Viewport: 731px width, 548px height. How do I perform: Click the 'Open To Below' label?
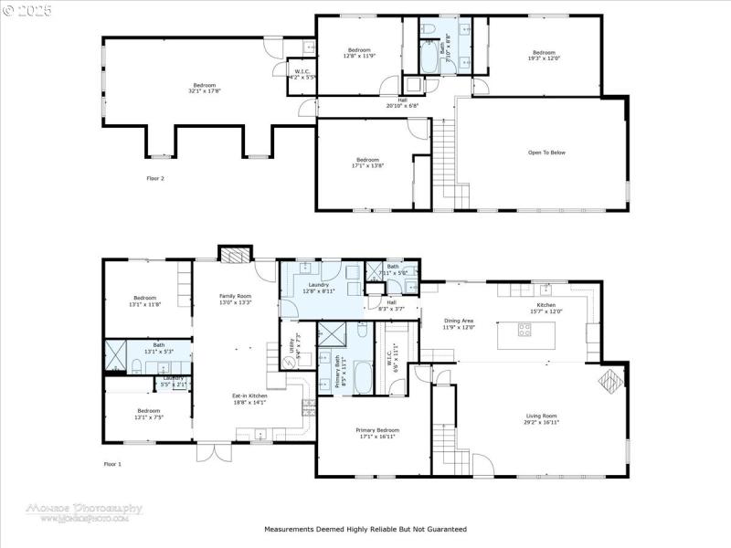[546, 153]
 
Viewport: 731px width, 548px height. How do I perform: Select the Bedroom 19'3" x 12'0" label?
[544, 55]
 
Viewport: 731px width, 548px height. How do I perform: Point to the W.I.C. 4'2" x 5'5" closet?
[302, 73]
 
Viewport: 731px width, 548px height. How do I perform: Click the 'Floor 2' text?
[155, 178]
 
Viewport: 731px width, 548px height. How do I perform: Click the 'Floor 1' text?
[112, 465]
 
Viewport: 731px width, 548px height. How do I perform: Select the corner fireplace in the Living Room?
[608, 381]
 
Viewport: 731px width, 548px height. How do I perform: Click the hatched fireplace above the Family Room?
[235, 254]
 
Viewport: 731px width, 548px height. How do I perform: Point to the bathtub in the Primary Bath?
[362, 377]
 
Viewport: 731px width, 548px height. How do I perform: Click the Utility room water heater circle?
[291, 362]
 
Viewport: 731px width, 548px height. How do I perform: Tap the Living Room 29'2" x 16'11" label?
[541, 418]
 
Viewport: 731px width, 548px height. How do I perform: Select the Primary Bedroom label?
[376, 432]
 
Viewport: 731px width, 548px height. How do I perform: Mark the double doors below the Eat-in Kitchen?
[209, 452]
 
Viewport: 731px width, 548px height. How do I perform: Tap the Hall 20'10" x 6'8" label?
[402, 102]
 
